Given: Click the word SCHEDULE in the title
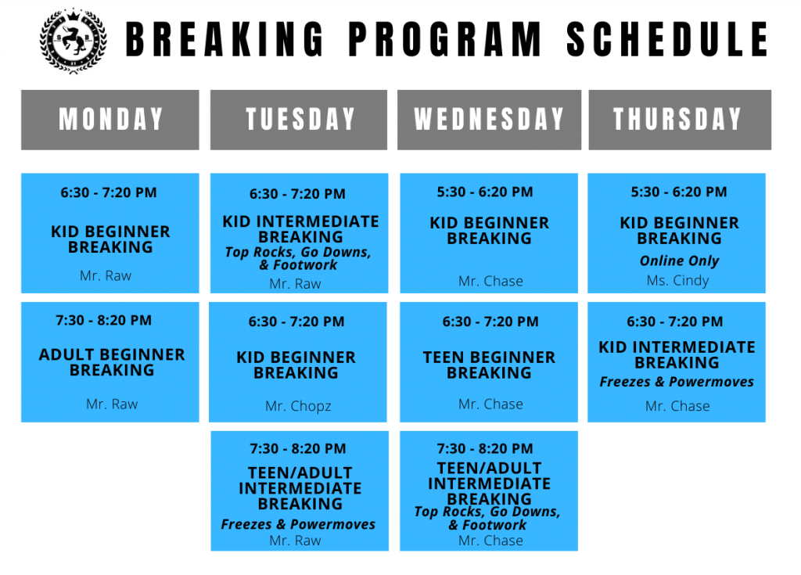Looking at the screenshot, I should tap(667, 39).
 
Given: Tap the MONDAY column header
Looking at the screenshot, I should tap(110, 120).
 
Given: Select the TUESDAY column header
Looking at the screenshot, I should tap(300, 120).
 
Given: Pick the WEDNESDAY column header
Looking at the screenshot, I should tap(489, 120).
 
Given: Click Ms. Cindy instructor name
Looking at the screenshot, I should tap(677, 280).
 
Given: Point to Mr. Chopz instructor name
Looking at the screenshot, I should tap(298, 406).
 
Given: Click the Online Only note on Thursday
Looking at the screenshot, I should tap(679, 261).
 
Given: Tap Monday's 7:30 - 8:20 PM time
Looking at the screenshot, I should tap(104, 320).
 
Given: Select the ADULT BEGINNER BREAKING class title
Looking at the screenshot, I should tap(112, 362).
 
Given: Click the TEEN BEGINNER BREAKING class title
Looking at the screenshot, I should tap(489, 365).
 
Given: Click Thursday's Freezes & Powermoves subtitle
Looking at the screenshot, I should tap(677, 382).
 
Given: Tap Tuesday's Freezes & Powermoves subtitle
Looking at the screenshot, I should tap(298, 524).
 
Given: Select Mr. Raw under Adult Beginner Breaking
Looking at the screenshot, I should tap(112, 404).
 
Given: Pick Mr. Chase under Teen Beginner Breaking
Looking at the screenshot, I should tap(490, 404).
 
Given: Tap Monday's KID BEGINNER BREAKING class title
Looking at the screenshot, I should tap(110, 239).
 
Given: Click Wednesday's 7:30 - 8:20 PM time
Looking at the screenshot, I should tap(485, 448).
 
